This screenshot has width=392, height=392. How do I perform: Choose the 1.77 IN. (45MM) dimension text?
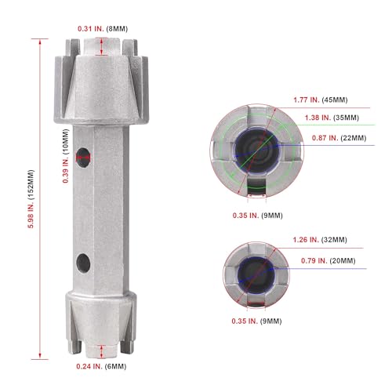coord(321,100)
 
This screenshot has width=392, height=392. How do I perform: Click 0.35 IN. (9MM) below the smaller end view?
coord(252,320)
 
